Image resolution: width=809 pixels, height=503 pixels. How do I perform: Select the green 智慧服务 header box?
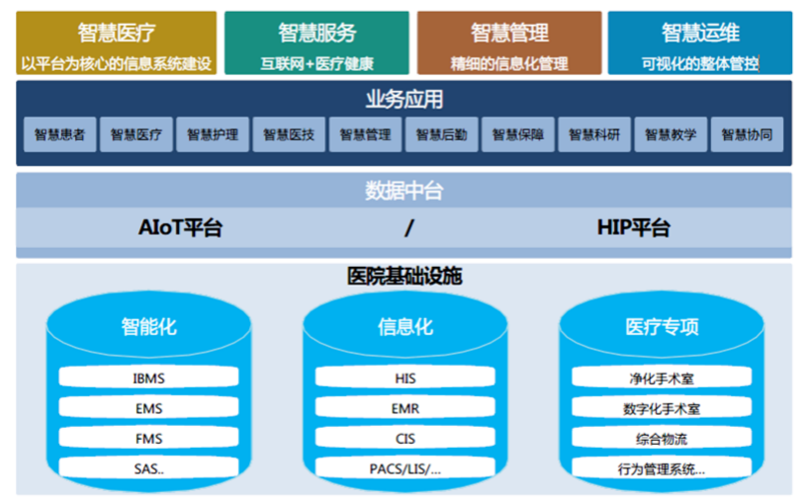316,43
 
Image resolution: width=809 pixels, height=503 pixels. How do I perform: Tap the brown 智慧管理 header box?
508,43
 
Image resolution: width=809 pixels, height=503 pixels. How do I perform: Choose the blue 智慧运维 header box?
699,43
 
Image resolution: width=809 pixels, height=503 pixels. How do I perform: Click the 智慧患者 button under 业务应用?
59,135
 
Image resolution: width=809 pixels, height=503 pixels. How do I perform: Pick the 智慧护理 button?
213,135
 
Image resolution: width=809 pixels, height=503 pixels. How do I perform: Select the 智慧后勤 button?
441,135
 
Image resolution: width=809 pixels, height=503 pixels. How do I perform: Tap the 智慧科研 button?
594,135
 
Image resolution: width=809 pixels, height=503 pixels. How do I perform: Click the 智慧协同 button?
747,135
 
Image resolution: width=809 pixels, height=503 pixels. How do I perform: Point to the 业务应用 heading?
404,100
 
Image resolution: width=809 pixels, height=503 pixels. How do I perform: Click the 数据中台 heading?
404,191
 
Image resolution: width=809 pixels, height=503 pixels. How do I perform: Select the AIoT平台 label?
180,228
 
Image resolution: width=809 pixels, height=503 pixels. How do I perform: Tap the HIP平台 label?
633,228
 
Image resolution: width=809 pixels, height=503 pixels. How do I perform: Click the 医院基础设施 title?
404,277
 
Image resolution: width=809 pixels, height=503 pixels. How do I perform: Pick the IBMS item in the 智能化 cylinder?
147,377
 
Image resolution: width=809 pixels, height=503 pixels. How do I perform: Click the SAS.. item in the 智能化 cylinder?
147,468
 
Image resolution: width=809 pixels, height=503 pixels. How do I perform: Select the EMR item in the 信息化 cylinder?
404,408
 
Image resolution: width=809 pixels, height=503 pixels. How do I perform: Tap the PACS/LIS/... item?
404,468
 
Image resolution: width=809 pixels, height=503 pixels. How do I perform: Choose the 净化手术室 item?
663,377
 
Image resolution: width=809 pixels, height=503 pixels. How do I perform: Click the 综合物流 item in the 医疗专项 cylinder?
663,439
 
